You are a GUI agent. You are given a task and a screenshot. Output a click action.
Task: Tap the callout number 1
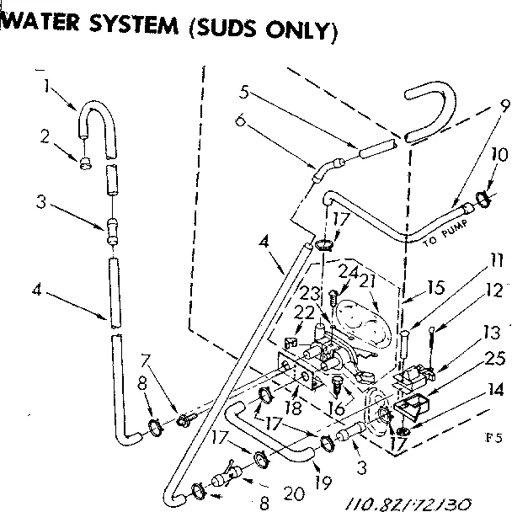click(x=47, y=84)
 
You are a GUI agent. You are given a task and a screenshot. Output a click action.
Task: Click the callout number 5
click(x=243, y=92)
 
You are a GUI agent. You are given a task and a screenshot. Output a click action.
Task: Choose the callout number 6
click(x=242, y=122)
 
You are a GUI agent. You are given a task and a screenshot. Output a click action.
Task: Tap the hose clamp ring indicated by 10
click(x=484, y=200)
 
